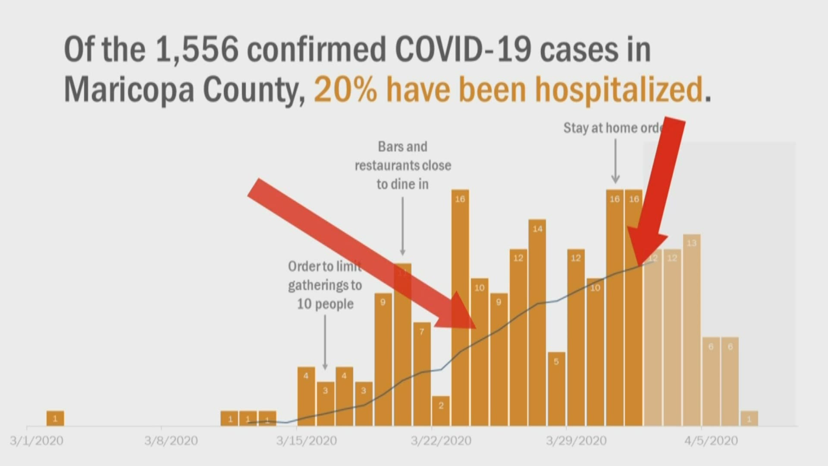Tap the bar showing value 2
pyautogui.click(x=441, y=411)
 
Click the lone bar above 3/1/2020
pyautogui.click(x=55, y=418)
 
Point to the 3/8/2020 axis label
pyautogui.click(x=171, y=441)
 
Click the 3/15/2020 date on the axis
pyautogui.click(x=306, y=441)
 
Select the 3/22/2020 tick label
pyautogui.click(x=441, y=441)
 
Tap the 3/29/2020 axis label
pyautogui.click(x=576, y=441)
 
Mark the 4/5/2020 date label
pyautogui.click(x=711, y=441)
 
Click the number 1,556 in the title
pyautogui.click(x=197, y=50)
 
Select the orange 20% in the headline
pyautogui.click(x=345, y=90)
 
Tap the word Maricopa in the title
pyautogui.click(x=129, y=90)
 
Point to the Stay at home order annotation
pyautogui.click(x=612, y=128)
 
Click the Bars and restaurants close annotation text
pyautogui.click(x=403, y=165)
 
